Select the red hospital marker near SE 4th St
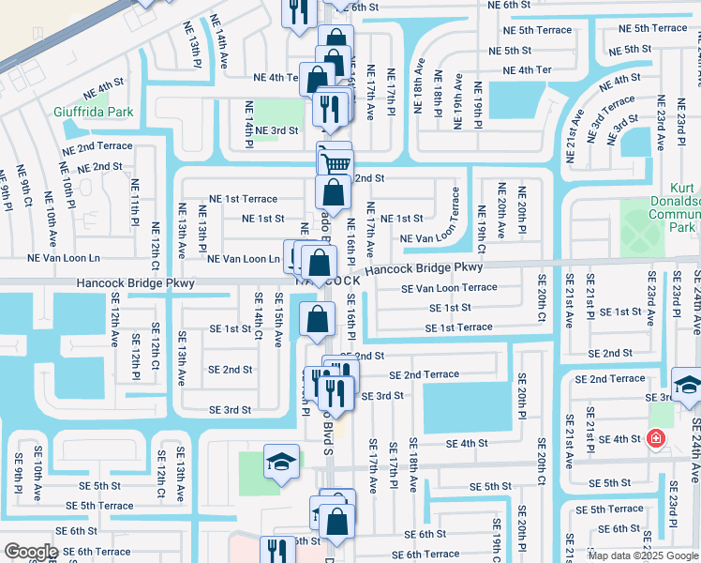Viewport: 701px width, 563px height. [655, 438]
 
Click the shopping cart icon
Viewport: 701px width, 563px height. [336, 162]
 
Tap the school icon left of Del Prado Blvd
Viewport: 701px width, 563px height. [280, 463]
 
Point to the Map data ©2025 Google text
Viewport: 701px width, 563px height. [643, 555]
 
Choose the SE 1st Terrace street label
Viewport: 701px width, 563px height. [458, 327]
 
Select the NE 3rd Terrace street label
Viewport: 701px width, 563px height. [610, 119]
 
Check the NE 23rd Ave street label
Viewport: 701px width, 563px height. [661, 121]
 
